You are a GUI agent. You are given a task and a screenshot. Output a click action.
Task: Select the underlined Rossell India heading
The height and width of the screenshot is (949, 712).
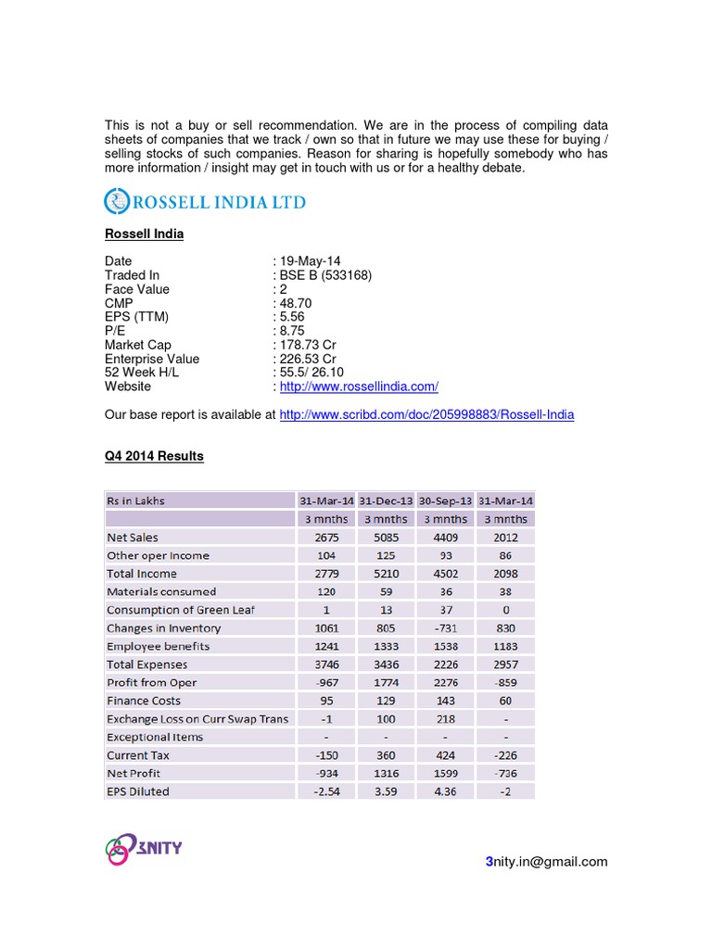click(144, 234)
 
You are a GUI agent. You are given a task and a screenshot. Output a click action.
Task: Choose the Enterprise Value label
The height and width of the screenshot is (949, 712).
click(152, 359)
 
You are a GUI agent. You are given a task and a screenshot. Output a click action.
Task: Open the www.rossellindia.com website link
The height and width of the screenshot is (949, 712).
click(359, 386)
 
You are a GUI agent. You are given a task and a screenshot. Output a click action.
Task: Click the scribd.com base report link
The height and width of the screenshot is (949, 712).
click(426, 414)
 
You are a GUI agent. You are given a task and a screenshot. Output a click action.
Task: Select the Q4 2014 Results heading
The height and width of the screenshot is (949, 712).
click(154, 457)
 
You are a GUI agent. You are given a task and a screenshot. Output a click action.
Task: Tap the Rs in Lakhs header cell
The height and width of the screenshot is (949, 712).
click(136, 500)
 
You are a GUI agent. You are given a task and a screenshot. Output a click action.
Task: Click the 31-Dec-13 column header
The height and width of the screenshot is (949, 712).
click(386, 500)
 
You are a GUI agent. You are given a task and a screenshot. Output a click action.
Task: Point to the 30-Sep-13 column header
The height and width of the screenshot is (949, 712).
click(445, 500)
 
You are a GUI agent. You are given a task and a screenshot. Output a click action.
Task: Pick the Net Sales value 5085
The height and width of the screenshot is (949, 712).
click(386, 538)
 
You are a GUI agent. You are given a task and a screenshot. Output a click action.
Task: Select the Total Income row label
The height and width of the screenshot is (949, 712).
click(142, 574)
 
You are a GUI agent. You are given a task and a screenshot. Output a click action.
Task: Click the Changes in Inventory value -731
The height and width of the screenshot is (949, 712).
click(445, 628)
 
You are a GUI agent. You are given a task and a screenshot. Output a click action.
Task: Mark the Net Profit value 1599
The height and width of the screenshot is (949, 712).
click(445, 774)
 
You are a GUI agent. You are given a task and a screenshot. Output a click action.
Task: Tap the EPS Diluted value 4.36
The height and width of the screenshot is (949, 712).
click(445, 791)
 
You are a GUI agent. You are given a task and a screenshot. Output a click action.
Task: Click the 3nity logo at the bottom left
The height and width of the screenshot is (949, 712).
click(142, 848)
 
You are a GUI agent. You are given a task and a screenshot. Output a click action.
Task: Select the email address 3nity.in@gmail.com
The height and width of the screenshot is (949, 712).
click(547, 862)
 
